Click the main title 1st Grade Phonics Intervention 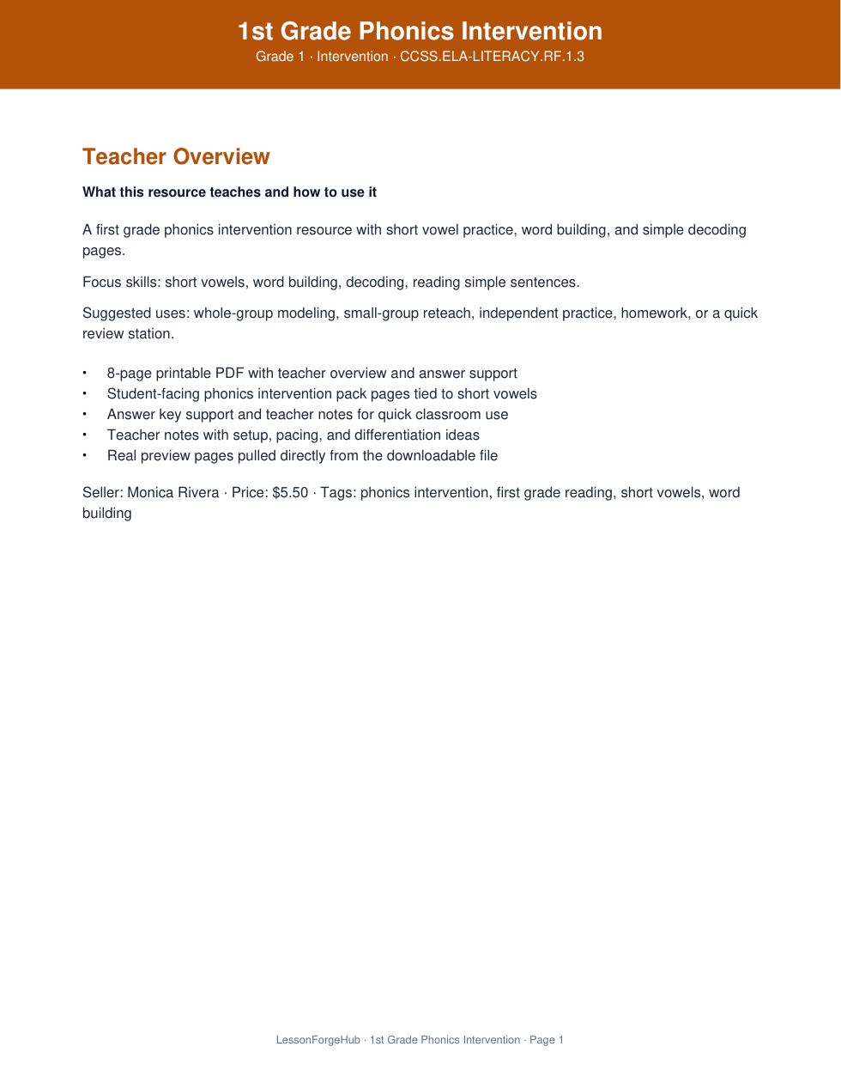click(x=420, y=32)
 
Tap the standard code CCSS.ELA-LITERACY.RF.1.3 click(x=492, y=57)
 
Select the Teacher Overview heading click(x=176, y=157)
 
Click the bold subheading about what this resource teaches click(x=229, y=192)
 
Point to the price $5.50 click(x=290, y=493)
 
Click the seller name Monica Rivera click(x=173, y=493)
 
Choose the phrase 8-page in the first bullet click(x=129, y=374)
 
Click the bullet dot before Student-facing click(x=85, y=394)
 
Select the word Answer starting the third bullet click(x=130, y=415)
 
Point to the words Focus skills click(x=120, y=283)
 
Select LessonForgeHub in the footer click(x=318, y=1040)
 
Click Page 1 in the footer click(x=547, y=1040)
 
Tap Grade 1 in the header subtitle click(x=280, y=57)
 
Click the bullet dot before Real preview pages click(x=85, y=456)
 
